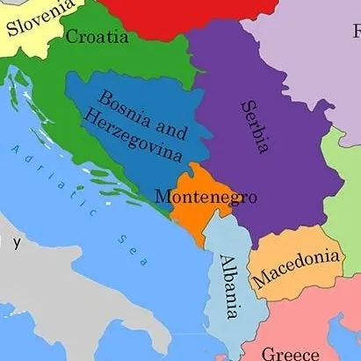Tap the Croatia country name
(x=97, y=37)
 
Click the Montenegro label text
(x=206, y=197)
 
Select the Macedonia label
(x=296, y=269)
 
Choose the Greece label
(x=291, y=353)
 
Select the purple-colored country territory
(x=290, y=176)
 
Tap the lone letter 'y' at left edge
(x=15, y=240)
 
